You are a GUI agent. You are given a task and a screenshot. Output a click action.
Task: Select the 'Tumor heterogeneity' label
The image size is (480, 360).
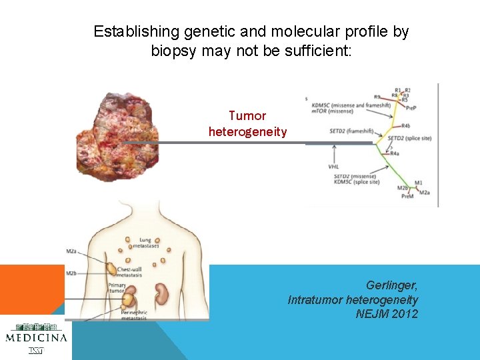pos(247,124)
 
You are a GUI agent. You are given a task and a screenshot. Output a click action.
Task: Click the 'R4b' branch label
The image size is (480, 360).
pos(405,125)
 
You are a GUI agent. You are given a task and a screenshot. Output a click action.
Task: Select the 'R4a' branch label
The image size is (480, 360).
pos(395,153)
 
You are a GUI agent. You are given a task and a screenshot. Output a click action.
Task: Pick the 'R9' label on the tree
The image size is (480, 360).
pos(377,97)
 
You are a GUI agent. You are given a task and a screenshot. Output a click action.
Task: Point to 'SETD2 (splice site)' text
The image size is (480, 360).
pos(409,138)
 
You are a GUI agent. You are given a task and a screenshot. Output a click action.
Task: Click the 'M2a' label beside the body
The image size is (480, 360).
pos(71,251)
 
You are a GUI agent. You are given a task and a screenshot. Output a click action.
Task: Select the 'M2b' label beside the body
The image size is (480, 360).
pos(71,273)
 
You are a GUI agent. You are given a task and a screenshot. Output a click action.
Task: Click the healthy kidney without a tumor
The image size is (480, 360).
pos(161,293)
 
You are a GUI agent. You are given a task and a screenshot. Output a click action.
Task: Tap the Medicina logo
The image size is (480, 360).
pos(36,336)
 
